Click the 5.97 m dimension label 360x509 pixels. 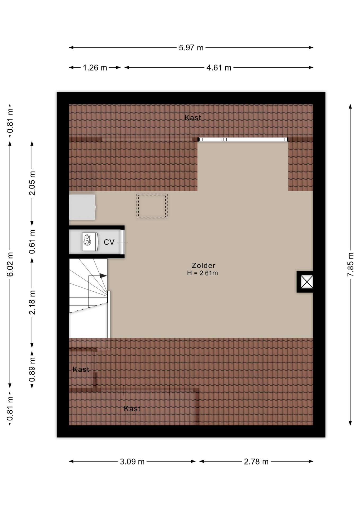point(191,48)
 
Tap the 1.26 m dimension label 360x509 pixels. point(95,68)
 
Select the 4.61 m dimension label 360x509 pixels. point(219,68)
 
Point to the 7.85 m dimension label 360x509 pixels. point(350,265)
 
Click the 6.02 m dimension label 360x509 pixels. point(10,265)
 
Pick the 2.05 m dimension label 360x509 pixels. point(32,183)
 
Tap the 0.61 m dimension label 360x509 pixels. point(32,242)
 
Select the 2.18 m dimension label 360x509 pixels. point(32,303)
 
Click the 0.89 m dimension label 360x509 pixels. point(32,370)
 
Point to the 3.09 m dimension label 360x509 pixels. point(132,462)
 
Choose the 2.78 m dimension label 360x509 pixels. point(256,462)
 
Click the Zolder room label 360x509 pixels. point(204,265)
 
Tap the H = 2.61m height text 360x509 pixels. point(203,273)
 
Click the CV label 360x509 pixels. point(109,242)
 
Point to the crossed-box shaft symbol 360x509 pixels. point(307,282)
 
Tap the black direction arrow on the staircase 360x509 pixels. point(103,276)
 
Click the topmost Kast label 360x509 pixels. point(193,118)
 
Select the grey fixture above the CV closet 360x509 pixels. point(82,207)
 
